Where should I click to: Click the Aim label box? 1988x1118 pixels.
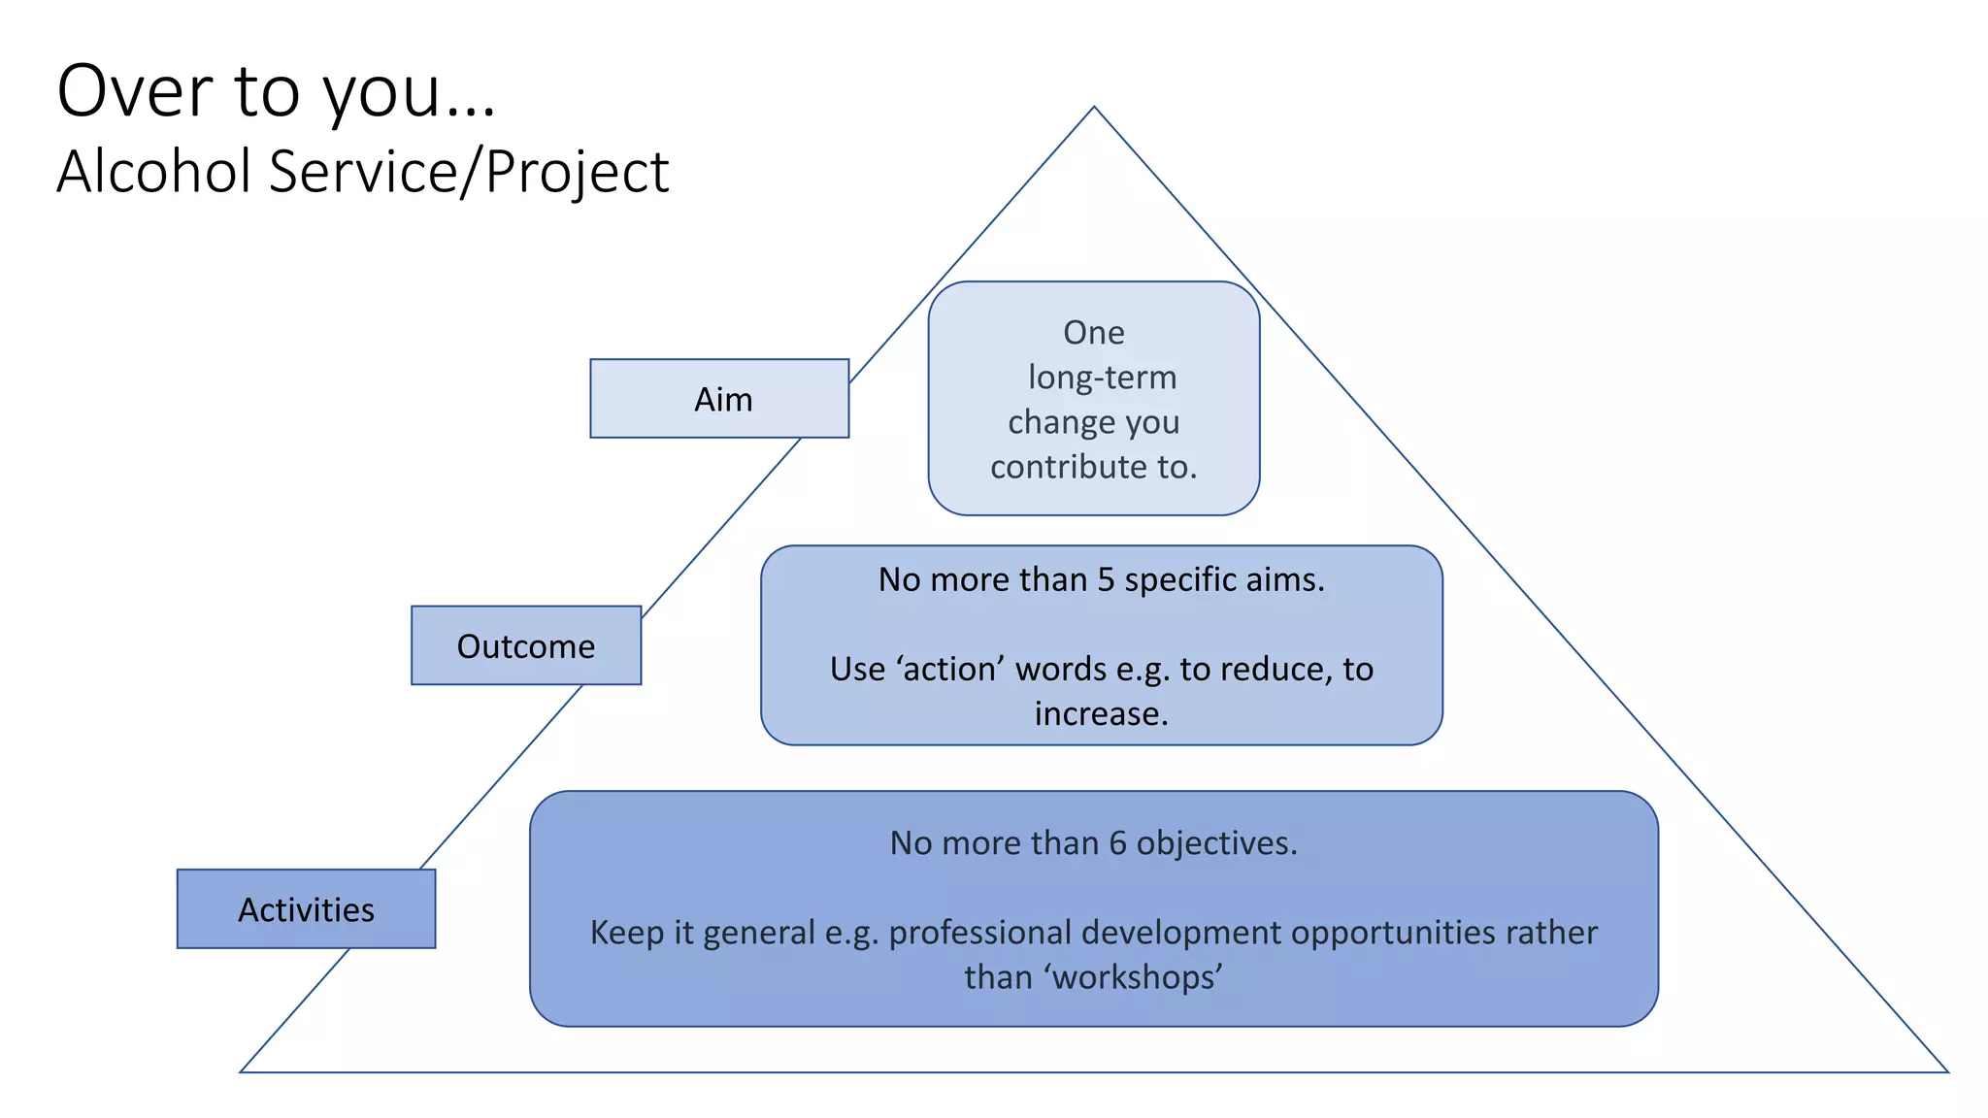[x=719, y=399]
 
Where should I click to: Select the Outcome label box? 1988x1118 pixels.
[x=525, y=646]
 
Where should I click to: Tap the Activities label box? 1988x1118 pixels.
[x=306, y=909]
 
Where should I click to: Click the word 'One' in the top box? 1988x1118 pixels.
[x=1094, y=333]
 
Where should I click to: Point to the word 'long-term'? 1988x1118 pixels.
[x=1102, y=378]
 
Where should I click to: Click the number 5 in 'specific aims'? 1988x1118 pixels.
[x=1106, y=579]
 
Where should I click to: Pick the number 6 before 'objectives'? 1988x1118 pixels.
[x=1117, y=843]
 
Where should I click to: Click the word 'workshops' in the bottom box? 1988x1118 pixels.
[x=1137, y=977]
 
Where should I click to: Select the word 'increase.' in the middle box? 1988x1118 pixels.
[x=1101, y=714]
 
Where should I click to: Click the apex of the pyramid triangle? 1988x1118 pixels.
[x=1094, y=108]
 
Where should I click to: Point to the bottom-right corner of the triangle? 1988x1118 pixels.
[x=1946, y=1071]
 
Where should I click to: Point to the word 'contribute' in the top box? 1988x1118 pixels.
[x=1068, y=468]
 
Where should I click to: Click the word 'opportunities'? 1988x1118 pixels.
[x=1393, y=933]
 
